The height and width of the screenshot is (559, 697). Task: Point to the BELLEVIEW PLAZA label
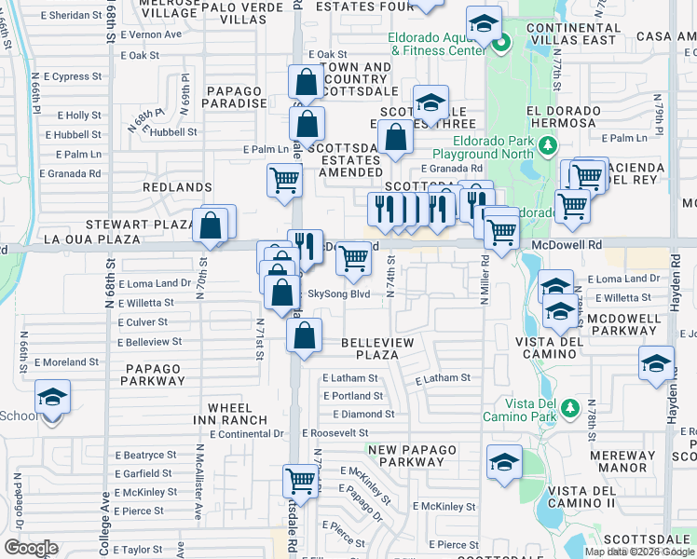point(376,349)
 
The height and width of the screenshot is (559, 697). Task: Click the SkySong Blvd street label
point(339,293)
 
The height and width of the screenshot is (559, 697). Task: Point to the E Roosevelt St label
point(336,433)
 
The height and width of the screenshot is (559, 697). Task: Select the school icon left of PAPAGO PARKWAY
point(53,398)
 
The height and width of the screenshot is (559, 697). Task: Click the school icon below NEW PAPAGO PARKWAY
point(504,462)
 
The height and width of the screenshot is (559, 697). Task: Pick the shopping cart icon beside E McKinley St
point(300,482)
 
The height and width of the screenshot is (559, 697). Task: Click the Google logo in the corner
point(31,548)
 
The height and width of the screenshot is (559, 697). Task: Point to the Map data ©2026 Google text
point(639,552)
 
